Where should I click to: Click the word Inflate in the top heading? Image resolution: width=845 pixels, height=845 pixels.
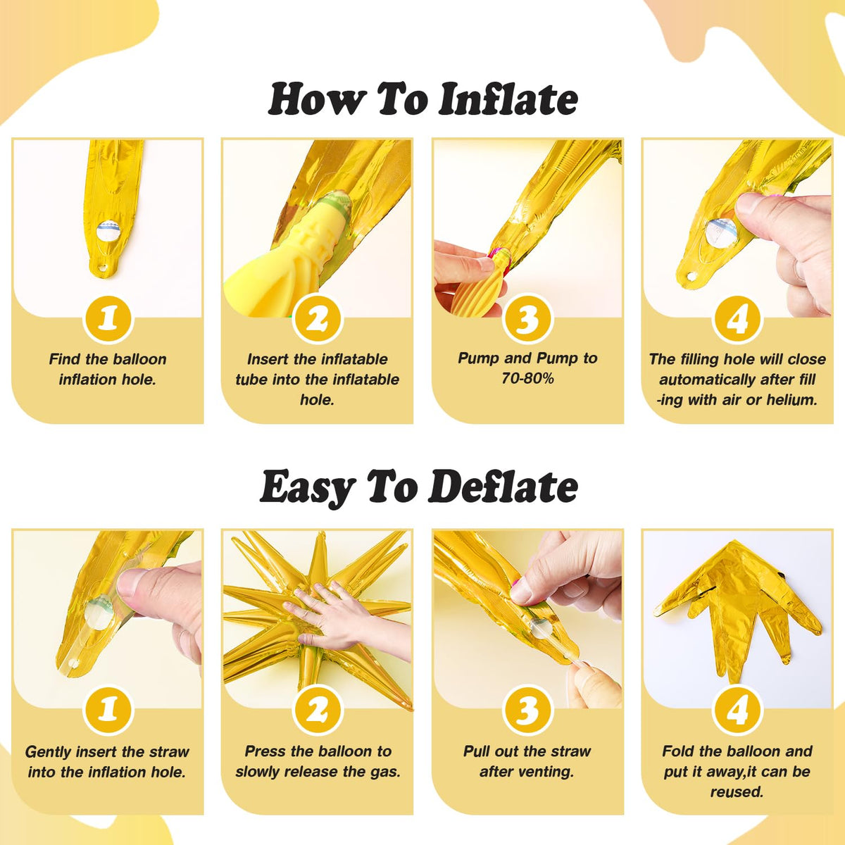[x=508, y=99]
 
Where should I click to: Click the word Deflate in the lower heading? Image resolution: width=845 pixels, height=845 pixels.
[x=503, y=487]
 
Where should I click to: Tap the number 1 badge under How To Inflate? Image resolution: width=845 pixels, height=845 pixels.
[x=108, y=319]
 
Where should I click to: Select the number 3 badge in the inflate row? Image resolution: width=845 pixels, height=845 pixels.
[x=527, y=319]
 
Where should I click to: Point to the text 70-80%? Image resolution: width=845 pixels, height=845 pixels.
[x=527, y=378]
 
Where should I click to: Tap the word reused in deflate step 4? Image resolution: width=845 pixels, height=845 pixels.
[x=737, y=792]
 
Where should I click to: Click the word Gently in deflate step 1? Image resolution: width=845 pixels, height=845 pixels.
[x=49, y=752]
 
